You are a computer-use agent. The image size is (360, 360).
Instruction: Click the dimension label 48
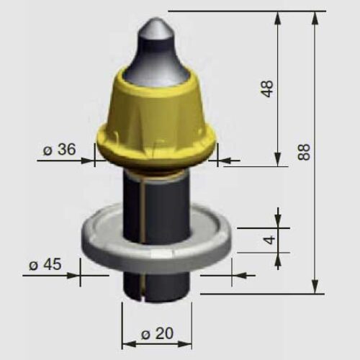click(267, 89)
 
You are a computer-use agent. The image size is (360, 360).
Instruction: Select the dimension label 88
click(304, 152)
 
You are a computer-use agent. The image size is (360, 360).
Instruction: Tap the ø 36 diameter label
click(60, 150)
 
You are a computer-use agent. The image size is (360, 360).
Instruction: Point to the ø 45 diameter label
click(45, 265)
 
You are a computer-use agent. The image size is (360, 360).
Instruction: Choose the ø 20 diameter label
click(157, 333)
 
